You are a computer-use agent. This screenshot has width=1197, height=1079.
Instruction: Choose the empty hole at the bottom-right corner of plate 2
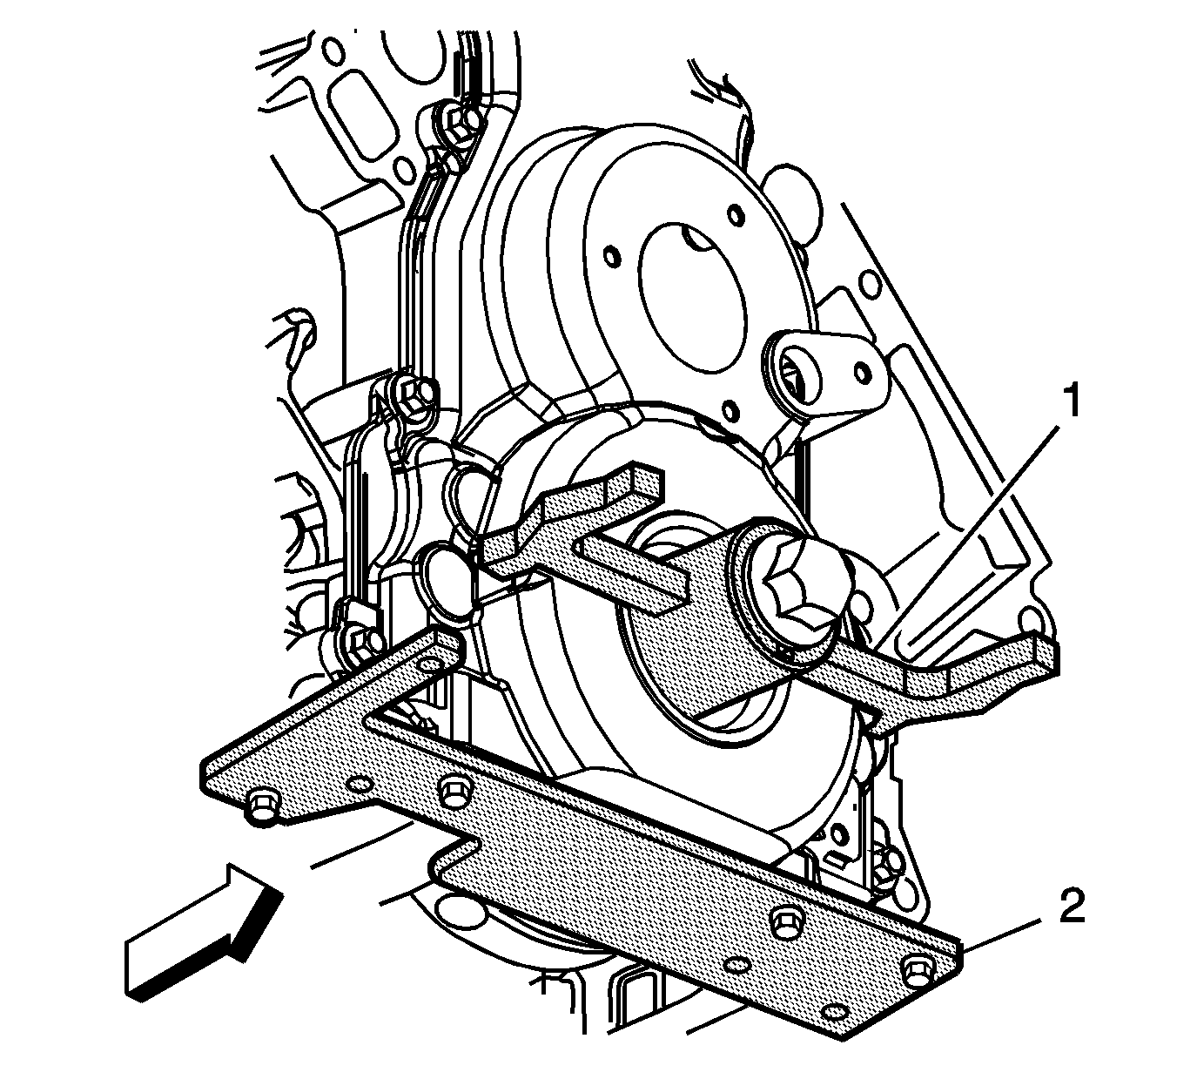point(834,1013)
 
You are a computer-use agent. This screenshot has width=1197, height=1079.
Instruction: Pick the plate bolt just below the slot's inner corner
point(453,788)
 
